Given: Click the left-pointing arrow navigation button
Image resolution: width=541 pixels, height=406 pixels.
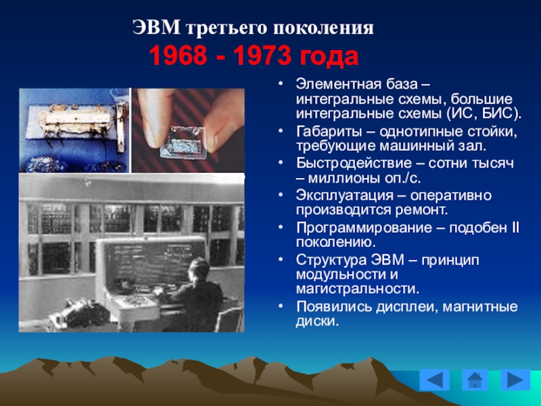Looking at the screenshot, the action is (434, 380).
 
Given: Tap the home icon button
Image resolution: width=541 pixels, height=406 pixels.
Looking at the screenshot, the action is (475, 380).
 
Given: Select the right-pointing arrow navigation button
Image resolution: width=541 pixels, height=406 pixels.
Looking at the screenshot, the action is (515, 380).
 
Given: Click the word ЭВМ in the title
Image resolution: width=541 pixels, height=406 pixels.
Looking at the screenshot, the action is (156, 28).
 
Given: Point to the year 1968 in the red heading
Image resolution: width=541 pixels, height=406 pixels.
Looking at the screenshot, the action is (178, 56).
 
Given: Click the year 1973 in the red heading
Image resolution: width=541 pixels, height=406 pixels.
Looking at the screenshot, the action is (262, 56).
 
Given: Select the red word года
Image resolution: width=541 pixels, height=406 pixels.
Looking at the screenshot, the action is (329, 57).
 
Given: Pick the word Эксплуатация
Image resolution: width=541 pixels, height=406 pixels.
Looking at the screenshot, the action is (344, 196).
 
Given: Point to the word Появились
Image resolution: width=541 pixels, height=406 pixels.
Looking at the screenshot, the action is (333, 307).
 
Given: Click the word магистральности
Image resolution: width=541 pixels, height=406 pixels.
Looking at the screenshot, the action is (358, 289).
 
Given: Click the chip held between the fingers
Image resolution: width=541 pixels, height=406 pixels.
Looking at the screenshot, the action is (183, 142).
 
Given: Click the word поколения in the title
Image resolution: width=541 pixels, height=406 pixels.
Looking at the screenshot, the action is (323, 28).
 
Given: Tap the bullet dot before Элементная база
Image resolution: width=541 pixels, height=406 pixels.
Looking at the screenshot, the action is (281, 84).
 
